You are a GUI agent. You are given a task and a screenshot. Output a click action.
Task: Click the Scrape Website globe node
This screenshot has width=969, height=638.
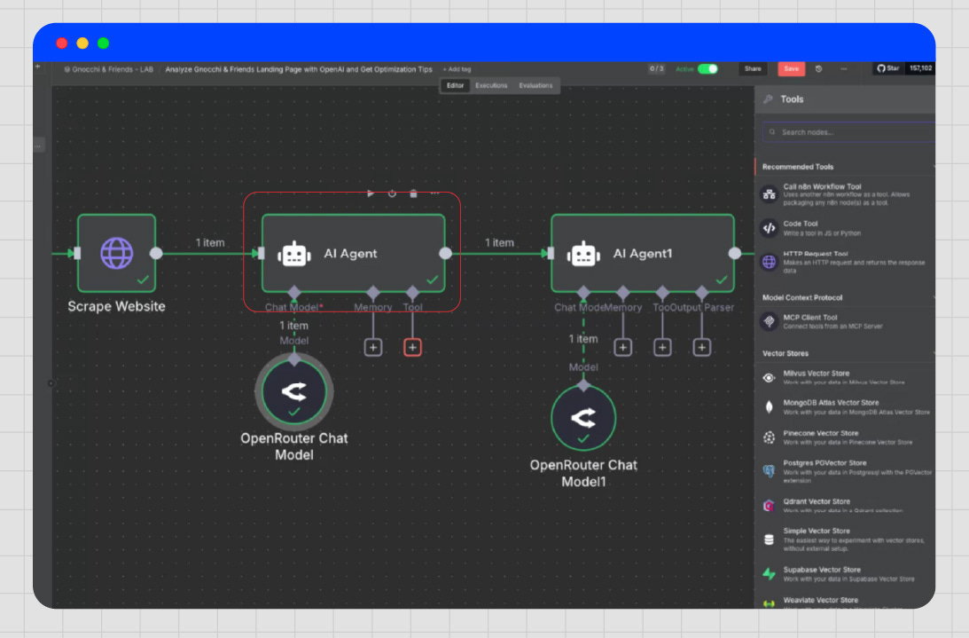(116, 253)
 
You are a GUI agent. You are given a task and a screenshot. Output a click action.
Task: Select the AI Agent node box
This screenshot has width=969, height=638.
(353, 253)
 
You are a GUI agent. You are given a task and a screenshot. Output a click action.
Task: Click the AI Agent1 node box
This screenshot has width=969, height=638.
(643, 253)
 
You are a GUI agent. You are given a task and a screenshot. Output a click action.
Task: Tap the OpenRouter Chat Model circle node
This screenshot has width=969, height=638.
(294, 391)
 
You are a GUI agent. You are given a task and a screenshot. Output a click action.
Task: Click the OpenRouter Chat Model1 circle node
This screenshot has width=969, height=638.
(583, 418)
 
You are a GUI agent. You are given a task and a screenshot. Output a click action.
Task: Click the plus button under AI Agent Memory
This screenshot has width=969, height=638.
(373, 348)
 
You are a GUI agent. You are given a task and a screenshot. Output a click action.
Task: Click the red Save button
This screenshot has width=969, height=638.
(791, 68)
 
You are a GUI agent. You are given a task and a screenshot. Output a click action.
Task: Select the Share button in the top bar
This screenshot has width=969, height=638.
(753, 68)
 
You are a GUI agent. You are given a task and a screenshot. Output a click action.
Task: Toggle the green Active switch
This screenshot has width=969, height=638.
(707, 68)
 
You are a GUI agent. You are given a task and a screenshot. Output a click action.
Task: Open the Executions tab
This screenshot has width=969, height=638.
(491, 86)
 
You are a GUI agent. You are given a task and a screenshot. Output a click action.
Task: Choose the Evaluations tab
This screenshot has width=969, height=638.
(535, 86)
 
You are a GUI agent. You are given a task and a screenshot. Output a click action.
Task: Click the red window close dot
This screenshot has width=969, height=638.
(62, 43)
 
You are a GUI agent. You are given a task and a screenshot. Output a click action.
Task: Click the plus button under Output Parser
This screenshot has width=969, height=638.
(702, 348)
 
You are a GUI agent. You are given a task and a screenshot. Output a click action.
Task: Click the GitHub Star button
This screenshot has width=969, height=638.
(888, 68)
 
